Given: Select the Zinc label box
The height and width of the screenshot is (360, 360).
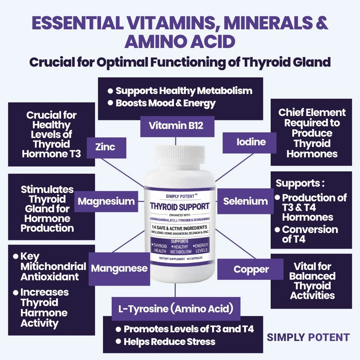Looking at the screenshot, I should click(x=106, y=147).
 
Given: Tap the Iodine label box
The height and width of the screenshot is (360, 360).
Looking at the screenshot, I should click(x=251, y=142).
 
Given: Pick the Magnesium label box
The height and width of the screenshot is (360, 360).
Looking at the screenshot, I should click(x=106, y=201).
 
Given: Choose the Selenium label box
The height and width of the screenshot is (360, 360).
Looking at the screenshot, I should click(x=246, y=201).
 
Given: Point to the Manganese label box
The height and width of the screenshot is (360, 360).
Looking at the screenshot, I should click(x=119, y=269).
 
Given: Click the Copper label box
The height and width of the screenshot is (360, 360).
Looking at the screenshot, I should click(x=251, y=269).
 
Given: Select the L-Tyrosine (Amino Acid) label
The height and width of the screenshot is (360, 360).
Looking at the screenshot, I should click(x=176, y=309).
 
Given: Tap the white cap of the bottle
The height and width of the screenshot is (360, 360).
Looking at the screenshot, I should click(x=179, y=154).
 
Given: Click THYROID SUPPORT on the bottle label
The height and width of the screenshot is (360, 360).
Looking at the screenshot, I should click(x=179, y=206).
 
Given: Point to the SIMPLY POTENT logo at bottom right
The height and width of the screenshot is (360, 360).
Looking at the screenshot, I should click(x=308, y=337).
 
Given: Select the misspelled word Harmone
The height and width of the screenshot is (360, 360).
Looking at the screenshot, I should click(x=44, y=313).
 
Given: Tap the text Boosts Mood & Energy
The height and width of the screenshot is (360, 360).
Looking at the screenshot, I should click(x=165, y=103).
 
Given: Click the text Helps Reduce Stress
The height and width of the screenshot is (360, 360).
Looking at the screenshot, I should click(x=169, y=342).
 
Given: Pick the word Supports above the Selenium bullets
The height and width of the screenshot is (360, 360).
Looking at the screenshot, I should click(x=298, y=183).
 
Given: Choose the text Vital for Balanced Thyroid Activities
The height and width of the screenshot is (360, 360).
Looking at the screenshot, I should click(x=312, y=281).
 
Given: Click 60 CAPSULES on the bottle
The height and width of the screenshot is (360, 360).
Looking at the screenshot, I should click(x=195, y=258).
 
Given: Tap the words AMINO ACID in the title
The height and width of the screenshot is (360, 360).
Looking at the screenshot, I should click(x=180, y=42).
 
